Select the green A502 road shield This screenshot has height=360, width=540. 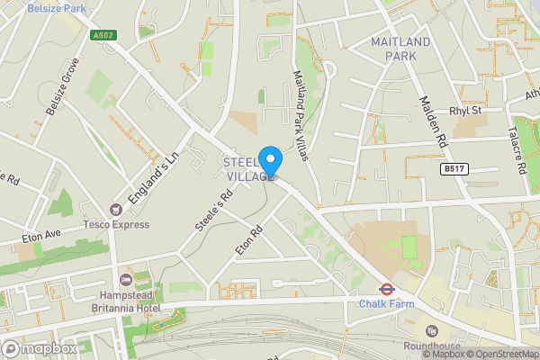[x=103, y=35]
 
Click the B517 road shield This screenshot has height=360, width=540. [x=453, y=167]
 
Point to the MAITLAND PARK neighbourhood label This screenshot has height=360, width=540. [x=400, y=49]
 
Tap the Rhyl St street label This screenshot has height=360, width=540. [x=465, y=111]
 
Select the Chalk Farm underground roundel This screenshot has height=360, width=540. [x=384, y=290]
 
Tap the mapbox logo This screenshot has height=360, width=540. [x=40, y=348]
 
